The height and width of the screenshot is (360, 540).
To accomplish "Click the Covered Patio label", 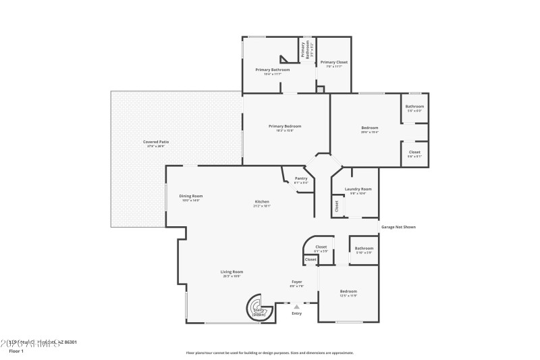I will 156,142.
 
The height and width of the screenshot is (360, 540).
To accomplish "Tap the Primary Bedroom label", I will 284,126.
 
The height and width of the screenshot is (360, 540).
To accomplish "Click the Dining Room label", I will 191,196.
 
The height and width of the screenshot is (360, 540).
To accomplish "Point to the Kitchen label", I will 262,203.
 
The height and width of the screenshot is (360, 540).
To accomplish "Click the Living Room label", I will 232,272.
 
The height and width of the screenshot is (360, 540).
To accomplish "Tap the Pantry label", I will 301,179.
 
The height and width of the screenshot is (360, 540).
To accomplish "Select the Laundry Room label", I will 358,189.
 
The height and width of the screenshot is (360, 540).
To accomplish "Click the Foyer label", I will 296,281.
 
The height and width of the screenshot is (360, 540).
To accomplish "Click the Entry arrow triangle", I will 296,307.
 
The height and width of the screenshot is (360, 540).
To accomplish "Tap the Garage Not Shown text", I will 398,227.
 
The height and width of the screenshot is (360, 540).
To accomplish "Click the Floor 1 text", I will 16,351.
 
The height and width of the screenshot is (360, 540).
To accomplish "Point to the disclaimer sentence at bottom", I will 269,353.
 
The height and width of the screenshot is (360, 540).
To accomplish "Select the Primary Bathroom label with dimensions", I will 272,70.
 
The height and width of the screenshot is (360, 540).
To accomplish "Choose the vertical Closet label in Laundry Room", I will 337,207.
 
